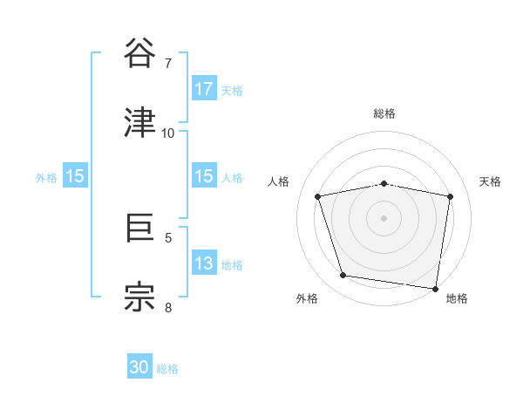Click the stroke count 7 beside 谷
click(x=168, y=63)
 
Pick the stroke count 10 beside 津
click(x=168, y=133)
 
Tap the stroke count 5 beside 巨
click(x=168, y=237)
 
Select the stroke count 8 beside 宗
click(x=168, y=307)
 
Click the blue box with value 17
click(x=204, y=89)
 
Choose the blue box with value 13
click(x=204, y=263)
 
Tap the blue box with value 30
click(x=139, y=368)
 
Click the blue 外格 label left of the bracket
click(x=46, y=177)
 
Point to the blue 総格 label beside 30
click(x=168, y=369)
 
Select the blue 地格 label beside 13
click(x=232, y=264)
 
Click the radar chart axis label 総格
click(x=384, y=113)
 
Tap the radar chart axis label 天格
click(x=491, y=181)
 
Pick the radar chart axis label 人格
click(x=278, y=181)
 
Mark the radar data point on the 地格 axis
click(x=435, y=288)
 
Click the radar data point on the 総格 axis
click(x=384, y=183)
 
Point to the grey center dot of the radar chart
click(x=384, y=218)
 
